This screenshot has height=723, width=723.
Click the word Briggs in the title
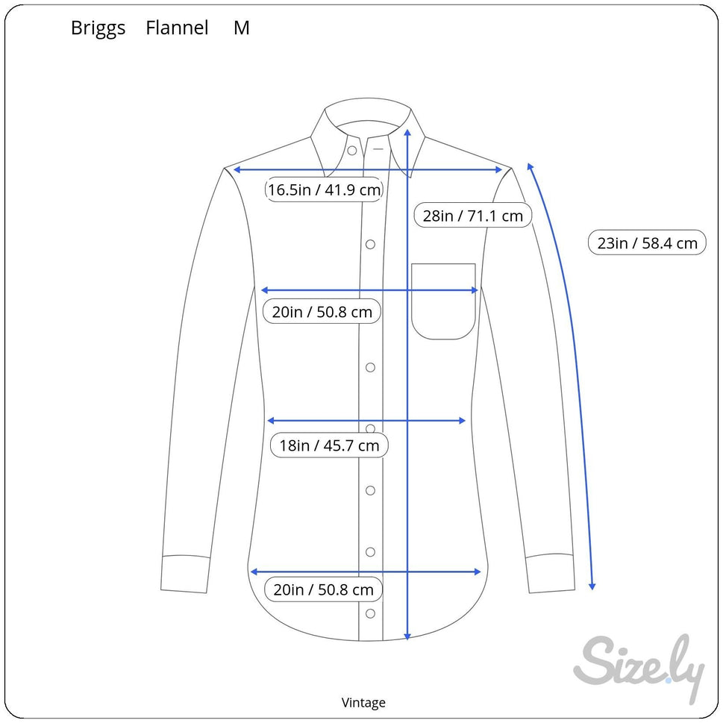(98, 28)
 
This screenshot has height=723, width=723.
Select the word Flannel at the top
(177, 28)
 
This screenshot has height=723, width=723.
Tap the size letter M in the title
(241, 28)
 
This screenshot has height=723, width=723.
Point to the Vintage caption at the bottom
(363, 702)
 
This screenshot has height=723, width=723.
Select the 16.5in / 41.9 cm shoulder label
(325, 190)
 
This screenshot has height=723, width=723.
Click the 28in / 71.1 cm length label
(472, 216)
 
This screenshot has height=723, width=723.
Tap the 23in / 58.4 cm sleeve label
(647, 242)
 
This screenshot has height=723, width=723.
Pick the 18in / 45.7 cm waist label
(329, 445)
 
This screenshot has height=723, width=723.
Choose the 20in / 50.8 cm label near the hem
(323, 589)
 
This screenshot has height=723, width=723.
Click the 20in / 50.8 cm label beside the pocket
(322, 311)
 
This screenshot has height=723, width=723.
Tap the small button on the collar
(351, 151)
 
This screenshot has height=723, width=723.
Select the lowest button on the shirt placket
(370, 613)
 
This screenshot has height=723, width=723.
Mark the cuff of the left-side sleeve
(184, 574)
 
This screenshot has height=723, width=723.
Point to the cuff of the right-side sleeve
(549, 574)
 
